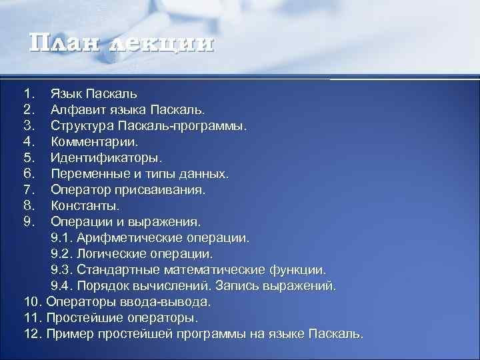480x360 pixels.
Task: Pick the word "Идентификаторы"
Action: (106, 158)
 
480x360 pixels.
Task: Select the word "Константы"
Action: (85, 206)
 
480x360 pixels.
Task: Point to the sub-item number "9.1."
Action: (63, 238)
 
